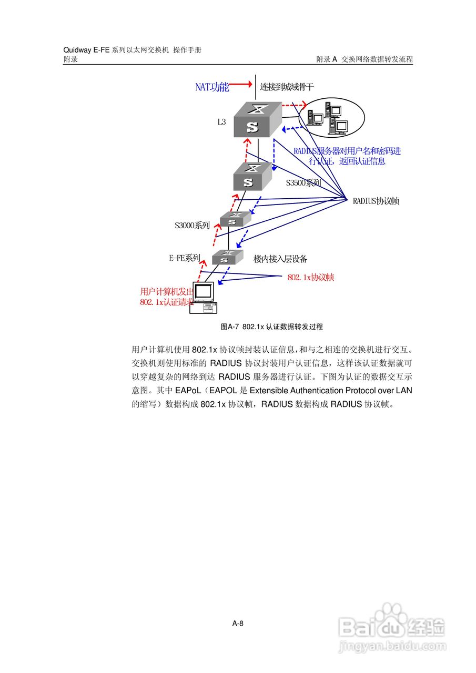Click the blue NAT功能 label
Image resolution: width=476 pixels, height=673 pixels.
click(212, 87)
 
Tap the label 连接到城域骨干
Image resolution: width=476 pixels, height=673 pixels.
click(287, 87)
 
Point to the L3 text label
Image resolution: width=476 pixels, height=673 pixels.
click(221, 122)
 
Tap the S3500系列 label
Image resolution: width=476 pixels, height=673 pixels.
click(303, 183)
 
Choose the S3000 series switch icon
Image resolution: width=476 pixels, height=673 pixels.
click(235, 219)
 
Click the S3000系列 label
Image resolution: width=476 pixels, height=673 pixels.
click(192, 226)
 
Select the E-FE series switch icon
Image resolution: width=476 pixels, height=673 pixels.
click(228, 257)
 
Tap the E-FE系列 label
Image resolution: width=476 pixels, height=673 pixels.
click(184, 258)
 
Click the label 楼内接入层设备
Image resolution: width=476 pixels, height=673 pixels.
click(280, 259)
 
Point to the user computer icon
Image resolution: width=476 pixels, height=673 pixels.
click(204, 298)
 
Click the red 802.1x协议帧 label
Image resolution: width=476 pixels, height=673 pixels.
click(310, 277)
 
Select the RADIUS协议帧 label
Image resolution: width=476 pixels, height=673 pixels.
click(376, 200)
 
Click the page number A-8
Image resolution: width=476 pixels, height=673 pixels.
click(238, 624)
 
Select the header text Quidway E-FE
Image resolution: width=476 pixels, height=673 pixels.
click(86, 50)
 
